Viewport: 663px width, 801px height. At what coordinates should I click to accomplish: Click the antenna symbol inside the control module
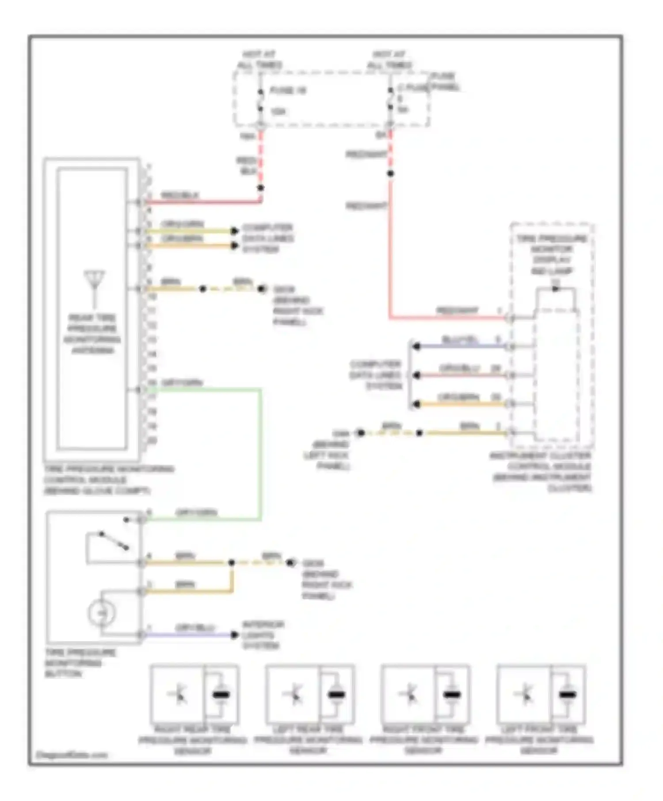[94, 283]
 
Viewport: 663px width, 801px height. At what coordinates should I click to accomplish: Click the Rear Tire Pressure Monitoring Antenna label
[92, 334]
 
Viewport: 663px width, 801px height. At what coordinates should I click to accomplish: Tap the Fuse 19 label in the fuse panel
[288, 91]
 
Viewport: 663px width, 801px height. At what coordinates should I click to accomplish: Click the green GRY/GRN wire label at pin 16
[182, 382]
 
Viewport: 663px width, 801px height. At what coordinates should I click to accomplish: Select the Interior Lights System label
[263, 635]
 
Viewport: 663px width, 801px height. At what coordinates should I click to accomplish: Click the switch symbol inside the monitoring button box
[114, 541]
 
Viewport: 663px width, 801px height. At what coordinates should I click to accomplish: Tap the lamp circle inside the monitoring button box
[101, 613]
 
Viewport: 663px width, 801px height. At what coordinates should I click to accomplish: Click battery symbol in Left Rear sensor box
[336, 695]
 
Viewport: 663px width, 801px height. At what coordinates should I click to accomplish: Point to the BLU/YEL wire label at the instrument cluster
[460, 340]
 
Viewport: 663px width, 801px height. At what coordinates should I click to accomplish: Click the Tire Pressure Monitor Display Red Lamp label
[551, 255]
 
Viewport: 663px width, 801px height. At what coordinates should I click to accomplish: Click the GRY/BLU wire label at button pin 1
[195, 627]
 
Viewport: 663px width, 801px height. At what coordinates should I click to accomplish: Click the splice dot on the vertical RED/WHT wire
[390, 174]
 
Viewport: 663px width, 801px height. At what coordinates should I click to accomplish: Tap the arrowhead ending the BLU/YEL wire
[415, 347]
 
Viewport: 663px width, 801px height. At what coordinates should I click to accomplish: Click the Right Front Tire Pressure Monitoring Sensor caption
[423, 740]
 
